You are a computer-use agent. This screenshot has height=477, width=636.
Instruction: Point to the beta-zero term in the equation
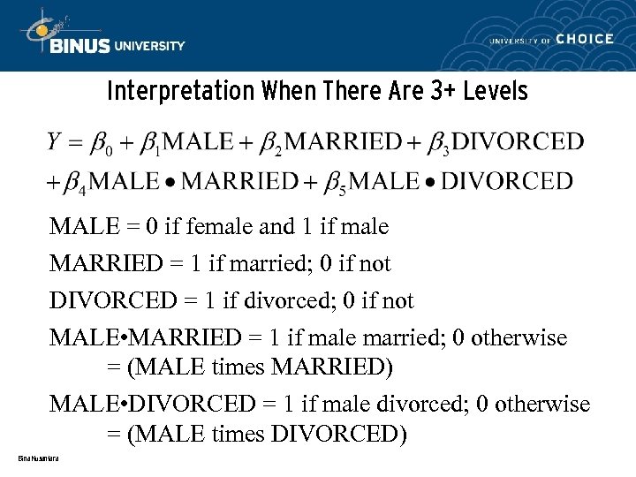[104, 143]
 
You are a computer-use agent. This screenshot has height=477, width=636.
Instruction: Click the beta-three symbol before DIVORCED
[438, 143]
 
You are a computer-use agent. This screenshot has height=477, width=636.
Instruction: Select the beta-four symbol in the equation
[76, 183]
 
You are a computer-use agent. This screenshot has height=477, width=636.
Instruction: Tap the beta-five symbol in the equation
[335, 183]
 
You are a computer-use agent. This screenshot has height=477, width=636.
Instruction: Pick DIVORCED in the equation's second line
[506, 181]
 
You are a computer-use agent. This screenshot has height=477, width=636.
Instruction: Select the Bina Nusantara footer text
[37, 458]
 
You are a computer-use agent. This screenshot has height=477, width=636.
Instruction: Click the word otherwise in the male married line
[519, 338]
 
